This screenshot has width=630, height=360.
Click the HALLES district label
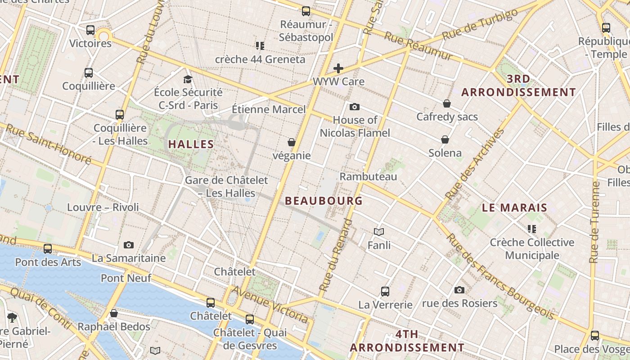[x=191, y=144]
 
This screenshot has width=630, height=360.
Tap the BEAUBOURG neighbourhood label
[x=324, y=201]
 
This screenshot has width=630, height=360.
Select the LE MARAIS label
[x=514, y=208]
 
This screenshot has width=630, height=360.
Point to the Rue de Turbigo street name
[x=480, y=25]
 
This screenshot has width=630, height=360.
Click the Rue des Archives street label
[x=475, y=164]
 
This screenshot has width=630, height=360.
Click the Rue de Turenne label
[x=595, y=222]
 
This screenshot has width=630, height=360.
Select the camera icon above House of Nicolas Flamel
[x=355, y=107]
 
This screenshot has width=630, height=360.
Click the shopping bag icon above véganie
[x=292, y=142]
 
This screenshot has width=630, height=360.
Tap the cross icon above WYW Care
[x=338, y=68]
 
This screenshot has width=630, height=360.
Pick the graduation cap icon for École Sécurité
[x=188, y=79]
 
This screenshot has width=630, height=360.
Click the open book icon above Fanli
[x=379, y=232]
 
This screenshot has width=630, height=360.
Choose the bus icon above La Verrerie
[x=385, y=291]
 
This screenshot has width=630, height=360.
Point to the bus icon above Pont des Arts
[x=48, y=248]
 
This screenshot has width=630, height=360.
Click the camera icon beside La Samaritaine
[x=129, y=245]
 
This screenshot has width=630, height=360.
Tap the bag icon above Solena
[x=445, y=139]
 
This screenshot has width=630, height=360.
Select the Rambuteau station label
[x=368, y=176]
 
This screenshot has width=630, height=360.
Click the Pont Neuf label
[x=120, y=278]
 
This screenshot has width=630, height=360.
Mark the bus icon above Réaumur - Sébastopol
[x=306, y=11]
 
